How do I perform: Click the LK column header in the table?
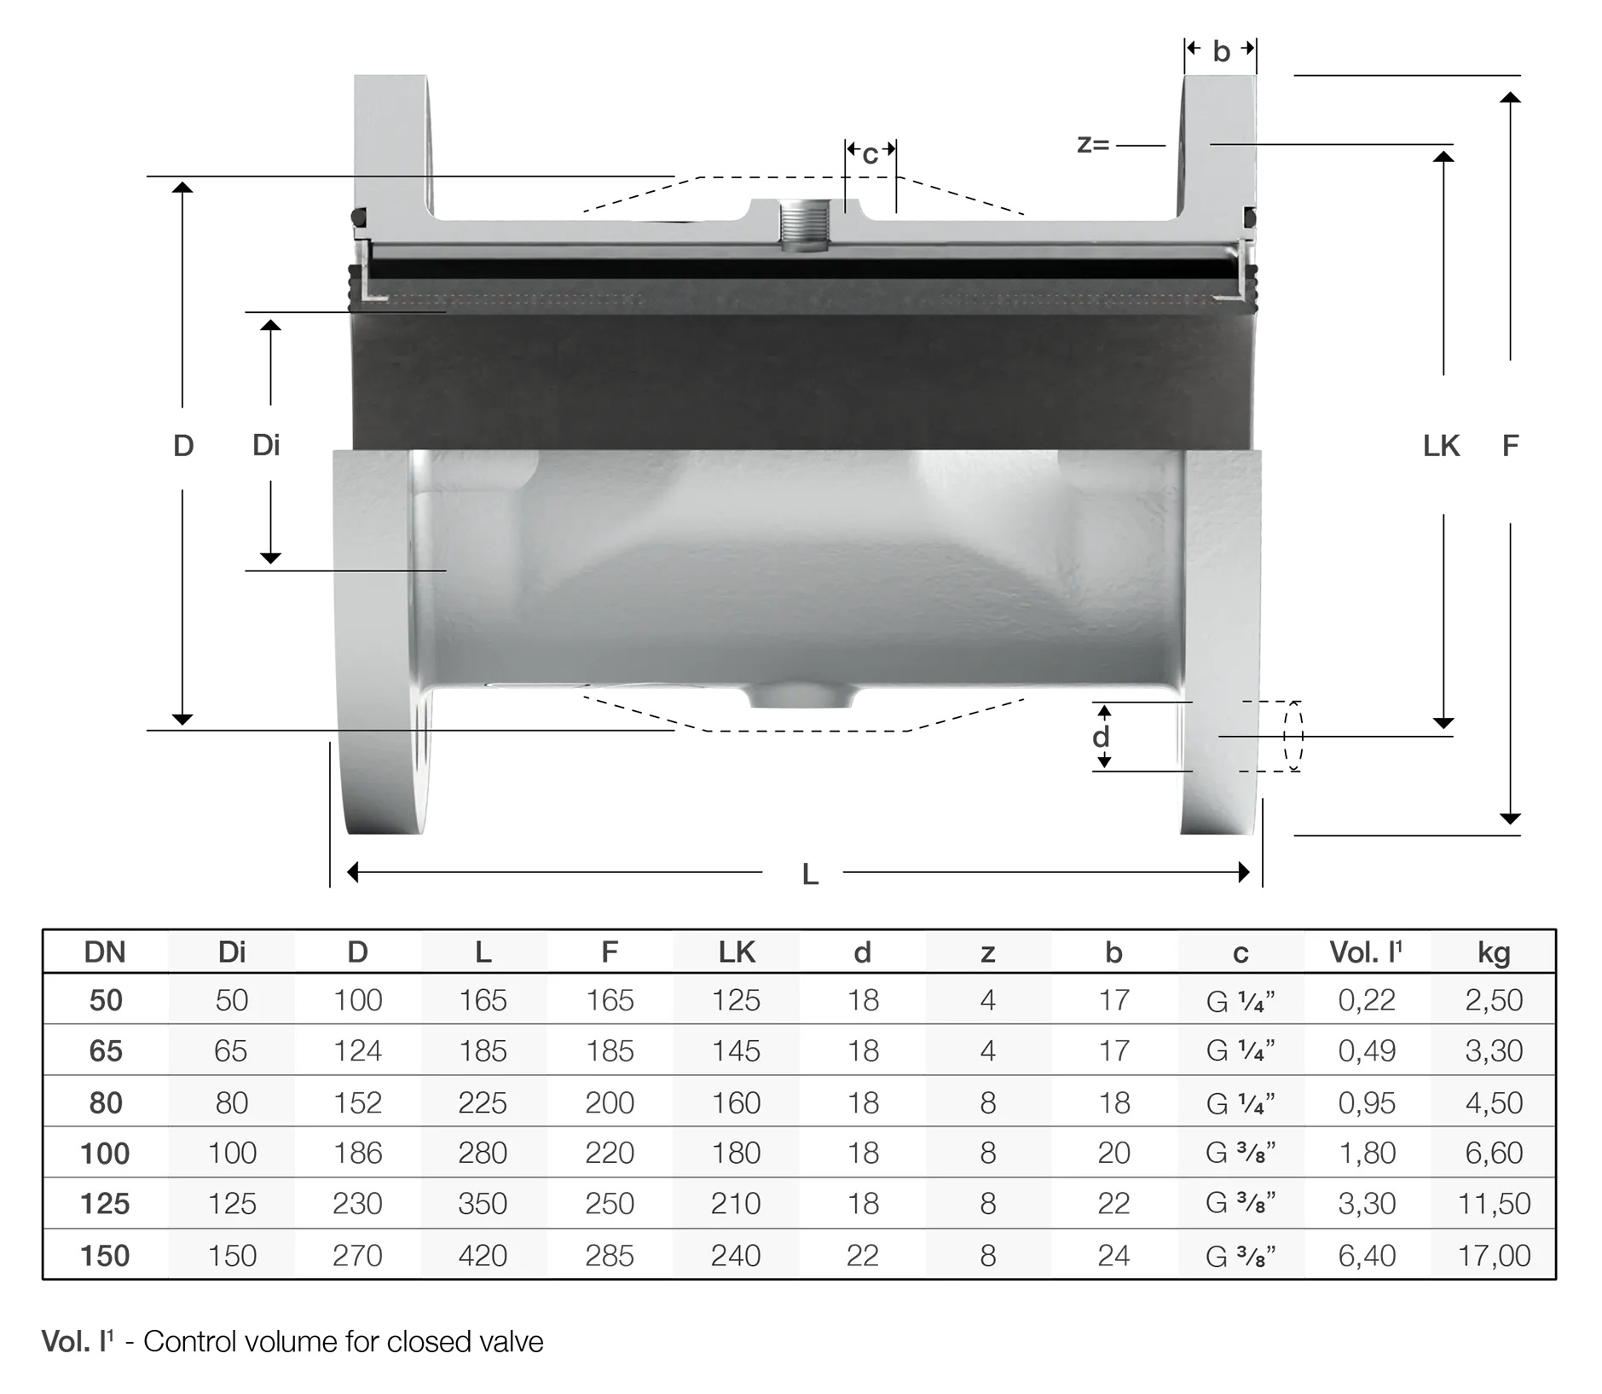[x=736, y=952]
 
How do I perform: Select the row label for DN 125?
[x=105, y=1203]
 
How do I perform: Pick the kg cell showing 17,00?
[x=1494, y=1255]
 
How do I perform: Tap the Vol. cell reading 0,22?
[x=1367, y=999]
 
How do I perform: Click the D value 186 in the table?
[x=357, y=1153]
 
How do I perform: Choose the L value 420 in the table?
[x=483, y=1255]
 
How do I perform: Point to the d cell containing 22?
[x=862, y=1255]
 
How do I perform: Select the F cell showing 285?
[x=610, y=1255]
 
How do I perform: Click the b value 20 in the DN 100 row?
[x=1113, y=1153]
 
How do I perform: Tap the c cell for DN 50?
[x=1241, y=1000]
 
